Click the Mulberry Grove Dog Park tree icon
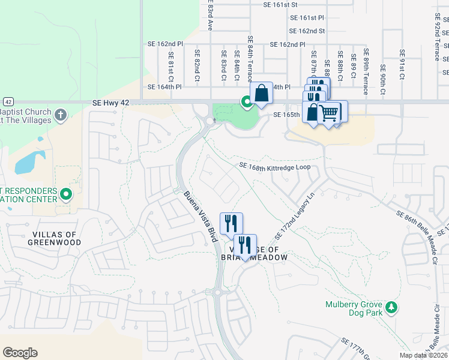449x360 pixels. (x=391, y=308)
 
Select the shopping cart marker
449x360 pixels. (x=329, y=112)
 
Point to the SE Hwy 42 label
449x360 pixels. (x=111, y=103)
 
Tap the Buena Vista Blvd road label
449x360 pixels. (x=199, y=217)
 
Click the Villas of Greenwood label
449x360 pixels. (x=54, y=238)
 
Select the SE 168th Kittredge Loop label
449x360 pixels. (x=274, y=166)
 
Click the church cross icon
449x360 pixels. (x=61, y=114)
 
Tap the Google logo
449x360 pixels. (x=20, y=352)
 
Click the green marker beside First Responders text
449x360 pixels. (x=66, y=194)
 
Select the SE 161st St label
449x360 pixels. (x=280, y=4)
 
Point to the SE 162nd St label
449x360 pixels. (x=307, y=31)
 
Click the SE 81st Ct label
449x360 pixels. (x=170, y=66)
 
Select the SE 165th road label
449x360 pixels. (x=286, y=114)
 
